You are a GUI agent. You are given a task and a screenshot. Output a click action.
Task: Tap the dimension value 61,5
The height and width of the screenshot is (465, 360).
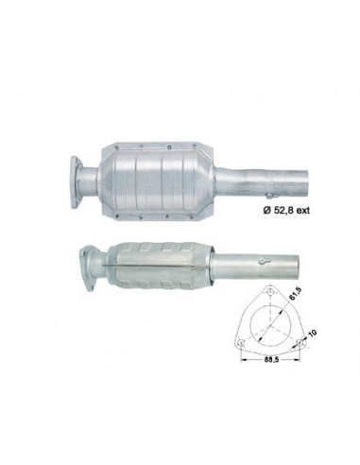coord(292,297)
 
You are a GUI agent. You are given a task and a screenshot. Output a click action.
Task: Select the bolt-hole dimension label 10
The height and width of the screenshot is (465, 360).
coord(312,334)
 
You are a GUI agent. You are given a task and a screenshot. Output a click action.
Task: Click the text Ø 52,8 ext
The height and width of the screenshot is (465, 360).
coord(286,210)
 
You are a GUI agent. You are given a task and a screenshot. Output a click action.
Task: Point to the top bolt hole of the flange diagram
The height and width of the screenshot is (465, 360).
coord(270,292)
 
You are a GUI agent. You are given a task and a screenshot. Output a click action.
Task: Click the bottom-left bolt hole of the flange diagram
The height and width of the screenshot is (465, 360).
coord(242,343)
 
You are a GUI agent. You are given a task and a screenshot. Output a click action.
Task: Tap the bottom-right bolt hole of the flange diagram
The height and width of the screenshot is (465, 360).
coord(300,343)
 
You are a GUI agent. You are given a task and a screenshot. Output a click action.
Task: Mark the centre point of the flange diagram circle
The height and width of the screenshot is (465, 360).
coord(270,325)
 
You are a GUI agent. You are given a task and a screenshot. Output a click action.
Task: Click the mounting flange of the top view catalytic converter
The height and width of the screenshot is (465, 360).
coord(76,181)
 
